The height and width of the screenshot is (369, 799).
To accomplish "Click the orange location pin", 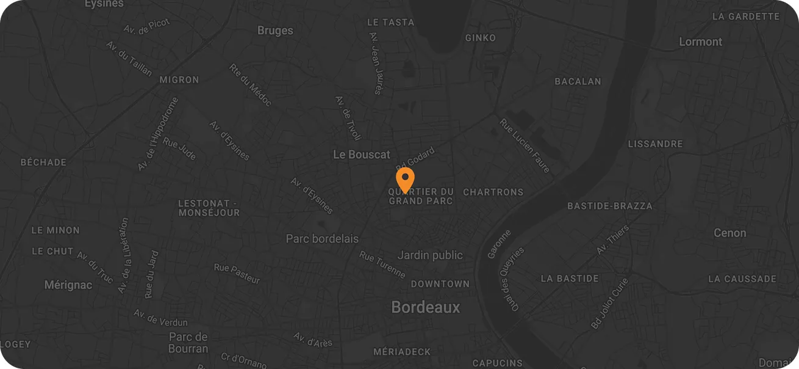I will (405, 180).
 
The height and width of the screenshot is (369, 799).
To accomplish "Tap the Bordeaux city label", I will (426, 307).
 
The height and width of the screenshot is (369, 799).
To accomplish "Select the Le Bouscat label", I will (362, 155).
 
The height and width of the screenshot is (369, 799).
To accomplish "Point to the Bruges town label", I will (275, 31).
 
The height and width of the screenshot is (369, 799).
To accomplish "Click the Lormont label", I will (701, 42).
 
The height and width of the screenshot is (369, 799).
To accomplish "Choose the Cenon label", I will (730, 233).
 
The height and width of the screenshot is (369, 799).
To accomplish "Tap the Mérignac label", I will (68, 285).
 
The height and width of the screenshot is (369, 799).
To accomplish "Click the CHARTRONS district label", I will (493, 192).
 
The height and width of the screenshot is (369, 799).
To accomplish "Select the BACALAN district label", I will (578, 81).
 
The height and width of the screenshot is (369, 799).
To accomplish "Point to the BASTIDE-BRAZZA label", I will (610, 206).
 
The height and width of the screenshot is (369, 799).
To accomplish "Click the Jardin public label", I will (431, 255).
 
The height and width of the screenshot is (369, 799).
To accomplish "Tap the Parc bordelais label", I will (323, 239).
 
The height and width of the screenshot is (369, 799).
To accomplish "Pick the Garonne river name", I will (500, 244).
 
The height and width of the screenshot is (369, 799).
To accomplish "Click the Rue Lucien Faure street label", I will (525, 146).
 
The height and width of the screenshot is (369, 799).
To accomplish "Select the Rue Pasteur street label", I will (237, 274).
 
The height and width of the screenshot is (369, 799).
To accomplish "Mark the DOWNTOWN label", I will (440, 283).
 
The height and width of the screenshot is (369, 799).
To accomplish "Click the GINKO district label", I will (481, 38).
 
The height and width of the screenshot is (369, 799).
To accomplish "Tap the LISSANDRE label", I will (656, 144).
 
